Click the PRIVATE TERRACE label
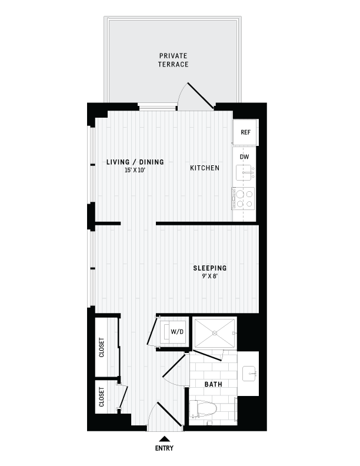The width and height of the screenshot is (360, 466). (x=173, y=60)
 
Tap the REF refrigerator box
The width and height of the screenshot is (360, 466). (x=245, y=132)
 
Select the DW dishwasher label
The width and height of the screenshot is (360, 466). (x=245, y=157)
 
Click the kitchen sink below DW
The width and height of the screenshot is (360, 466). (x=244, y=172)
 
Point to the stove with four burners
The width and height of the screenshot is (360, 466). (x=244, y=198)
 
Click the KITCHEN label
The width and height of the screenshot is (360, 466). (x=204, y=168)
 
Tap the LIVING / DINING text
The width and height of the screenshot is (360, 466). (x=135, y=162)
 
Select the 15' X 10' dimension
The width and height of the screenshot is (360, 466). (x=135, y=170)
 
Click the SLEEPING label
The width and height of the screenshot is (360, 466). (x=210, y=268)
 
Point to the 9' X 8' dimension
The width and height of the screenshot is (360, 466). (x=210, y=276)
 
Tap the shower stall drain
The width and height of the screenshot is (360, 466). (x=215, y=333)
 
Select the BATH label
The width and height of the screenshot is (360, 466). (x=212, y=384)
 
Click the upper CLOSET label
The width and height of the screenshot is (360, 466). (x=102, y=348)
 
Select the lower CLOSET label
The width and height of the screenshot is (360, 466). (x=102, y=398)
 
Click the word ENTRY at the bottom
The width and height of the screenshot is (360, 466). (x=165, y=448)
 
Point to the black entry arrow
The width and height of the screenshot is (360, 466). (x=165, y=438)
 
